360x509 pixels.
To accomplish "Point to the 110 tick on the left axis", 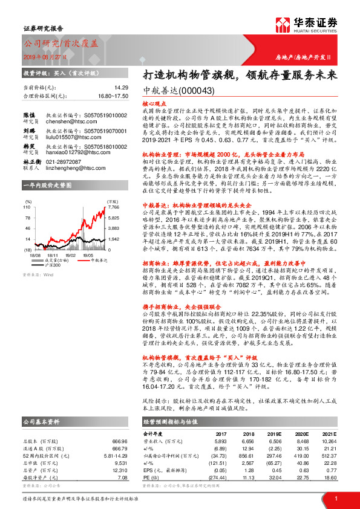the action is coord(27,207).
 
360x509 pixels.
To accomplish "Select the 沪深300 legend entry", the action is coord(54,265).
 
